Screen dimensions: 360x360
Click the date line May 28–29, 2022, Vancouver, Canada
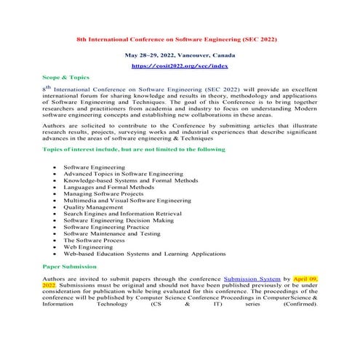177,55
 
